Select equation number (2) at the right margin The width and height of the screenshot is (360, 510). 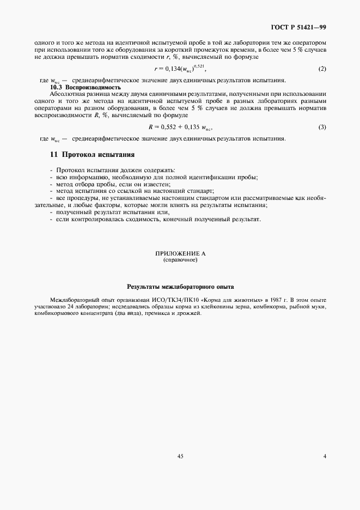coord(321,69)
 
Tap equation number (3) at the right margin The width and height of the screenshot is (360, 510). coord(322,127)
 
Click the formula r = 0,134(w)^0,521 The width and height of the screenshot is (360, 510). coord(180,69)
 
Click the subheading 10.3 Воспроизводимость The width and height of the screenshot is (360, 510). coord(85,87)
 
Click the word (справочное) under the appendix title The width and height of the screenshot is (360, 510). coord(180,260)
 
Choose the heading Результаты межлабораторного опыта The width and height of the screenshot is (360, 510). coord(180,286)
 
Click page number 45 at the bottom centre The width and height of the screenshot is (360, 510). coord(180,457)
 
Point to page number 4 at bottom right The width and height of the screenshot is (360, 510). coord(324,457)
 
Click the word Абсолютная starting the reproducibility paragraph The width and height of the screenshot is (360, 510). coord(66,94)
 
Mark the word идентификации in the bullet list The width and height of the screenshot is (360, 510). coord(223,178)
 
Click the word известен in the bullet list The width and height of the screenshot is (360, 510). coord(154,185)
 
